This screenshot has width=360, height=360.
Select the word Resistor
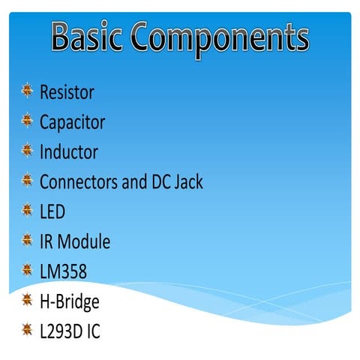(x=67, y=93)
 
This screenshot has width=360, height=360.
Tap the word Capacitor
(x=72, y=123)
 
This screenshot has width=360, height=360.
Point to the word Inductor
(x=68, y=152)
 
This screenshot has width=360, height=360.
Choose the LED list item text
(x=52, y=211)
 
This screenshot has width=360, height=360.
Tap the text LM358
(x=62, y=271)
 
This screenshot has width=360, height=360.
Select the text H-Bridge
(x=69, y=301)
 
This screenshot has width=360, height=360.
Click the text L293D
(x=61, y=331)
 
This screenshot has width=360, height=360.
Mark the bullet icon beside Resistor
(x=27, y=91)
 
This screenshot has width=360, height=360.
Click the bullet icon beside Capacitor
(x=27, y=121)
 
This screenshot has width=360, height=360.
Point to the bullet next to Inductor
(x=27, y=151)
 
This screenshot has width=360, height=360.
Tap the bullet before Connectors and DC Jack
(x=27, y=180)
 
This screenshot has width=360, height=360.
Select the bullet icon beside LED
(x=27, y=210)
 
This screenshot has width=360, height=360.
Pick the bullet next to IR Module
(x=27, y=240)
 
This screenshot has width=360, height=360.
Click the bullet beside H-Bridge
(x=27, y=300)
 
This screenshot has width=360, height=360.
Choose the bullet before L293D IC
(x=27, y=329)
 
